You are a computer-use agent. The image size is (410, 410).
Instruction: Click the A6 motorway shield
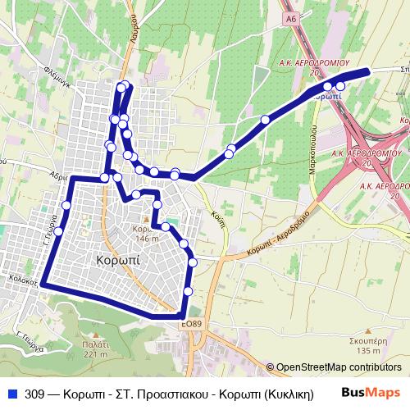[x=290, y=16]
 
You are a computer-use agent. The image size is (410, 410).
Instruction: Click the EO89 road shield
[x=192, y=325]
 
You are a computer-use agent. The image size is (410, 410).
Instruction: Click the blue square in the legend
[x=11, y=394]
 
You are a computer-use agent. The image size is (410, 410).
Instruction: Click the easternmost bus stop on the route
[x=341, y=86]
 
